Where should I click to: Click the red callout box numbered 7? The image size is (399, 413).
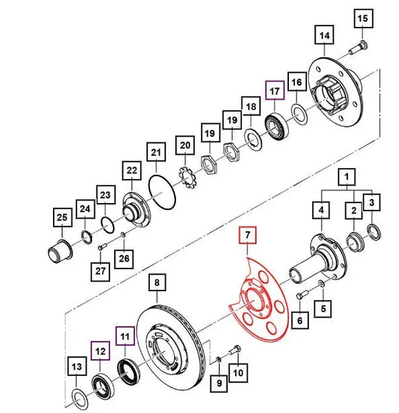point(248,235)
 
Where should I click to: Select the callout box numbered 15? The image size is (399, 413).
point(363,19)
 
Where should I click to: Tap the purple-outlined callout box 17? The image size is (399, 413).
point(274,90)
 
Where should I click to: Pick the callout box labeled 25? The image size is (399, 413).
point(63,218)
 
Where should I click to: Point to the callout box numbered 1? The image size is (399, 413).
point(347,177)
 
